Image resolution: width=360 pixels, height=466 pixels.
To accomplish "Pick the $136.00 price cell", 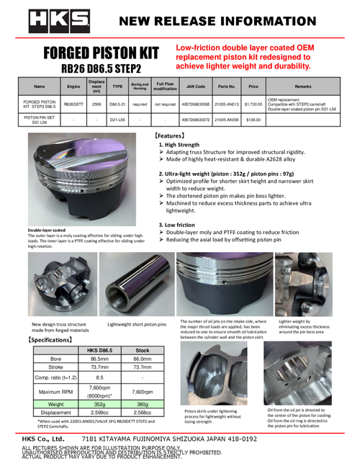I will [252, 120].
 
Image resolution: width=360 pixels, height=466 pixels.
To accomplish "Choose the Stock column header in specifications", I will [142, 349].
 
